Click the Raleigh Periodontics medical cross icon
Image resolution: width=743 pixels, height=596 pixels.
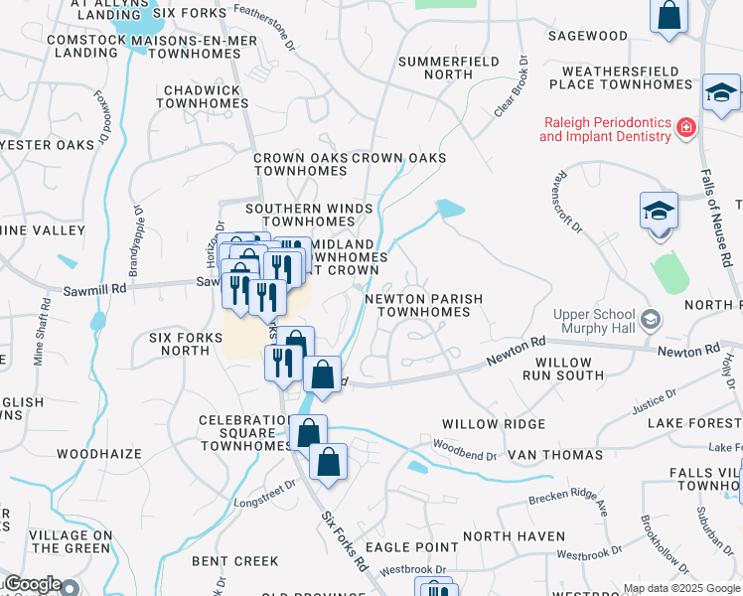[x=684, y=127]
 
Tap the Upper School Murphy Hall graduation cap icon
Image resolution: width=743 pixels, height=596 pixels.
[x=652, y=319]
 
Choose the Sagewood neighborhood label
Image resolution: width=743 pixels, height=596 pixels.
[x=588, y=36]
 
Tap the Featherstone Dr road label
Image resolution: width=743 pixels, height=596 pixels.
[x=264, y=27]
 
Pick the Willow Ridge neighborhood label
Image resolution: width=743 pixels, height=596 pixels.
[x=494, y=424]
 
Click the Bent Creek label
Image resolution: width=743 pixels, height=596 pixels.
[x=235, y=561]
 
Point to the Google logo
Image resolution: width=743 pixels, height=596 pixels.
[x=33, y=584]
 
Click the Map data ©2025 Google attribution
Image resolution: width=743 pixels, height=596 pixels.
[x=680, y=588]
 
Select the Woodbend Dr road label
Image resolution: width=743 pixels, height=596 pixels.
[x=465, y=455]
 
